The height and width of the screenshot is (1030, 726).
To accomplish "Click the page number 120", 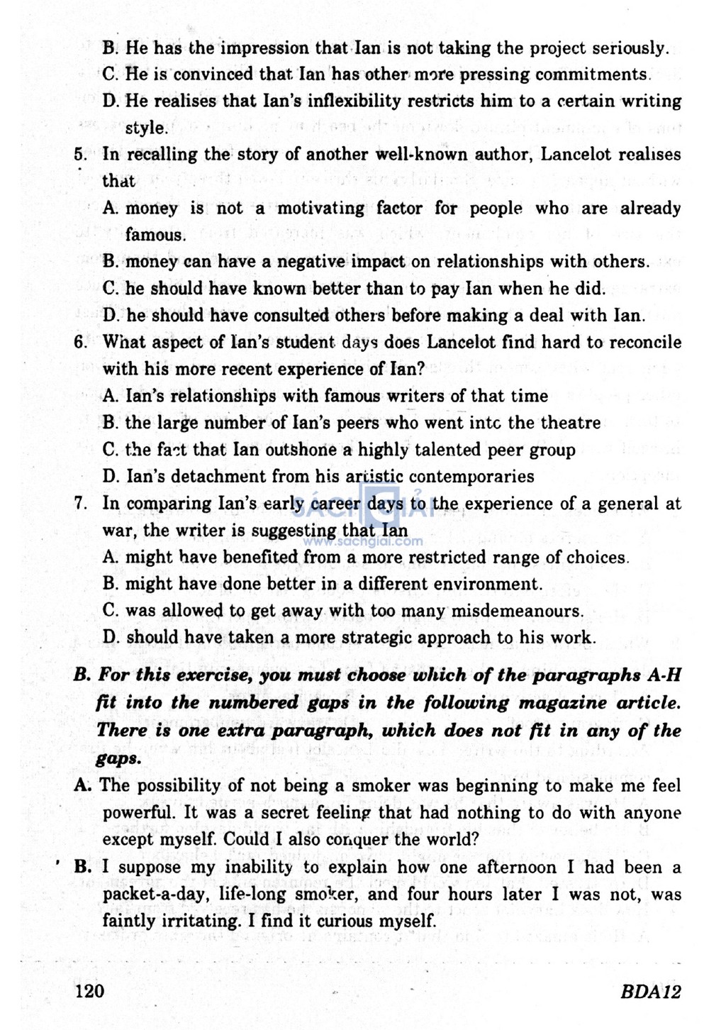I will point(90,991).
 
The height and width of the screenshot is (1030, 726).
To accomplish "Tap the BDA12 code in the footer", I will point(650,992).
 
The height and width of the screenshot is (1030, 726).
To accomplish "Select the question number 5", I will point(80,155).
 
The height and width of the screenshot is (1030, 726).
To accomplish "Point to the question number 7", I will point(80,504).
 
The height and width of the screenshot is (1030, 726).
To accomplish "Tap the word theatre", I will point(569,423).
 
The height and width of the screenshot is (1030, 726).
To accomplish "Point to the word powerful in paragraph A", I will point(138,813).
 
